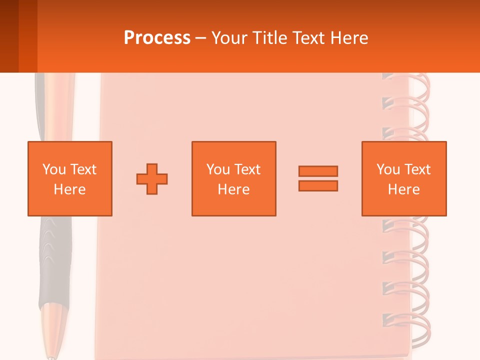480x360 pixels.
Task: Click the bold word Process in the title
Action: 157,38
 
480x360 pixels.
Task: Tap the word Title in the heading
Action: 269,38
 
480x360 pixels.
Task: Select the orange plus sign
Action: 152,178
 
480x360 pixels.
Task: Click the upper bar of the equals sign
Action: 318,171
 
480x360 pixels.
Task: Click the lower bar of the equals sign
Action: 318,185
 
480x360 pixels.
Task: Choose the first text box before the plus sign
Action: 69,178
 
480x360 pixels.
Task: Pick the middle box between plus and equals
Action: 233,178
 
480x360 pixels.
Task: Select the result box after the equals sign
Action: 403,178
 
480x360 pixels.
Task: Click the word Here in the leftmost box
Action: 69,189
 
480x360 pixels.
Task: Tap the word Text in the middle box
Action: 247,169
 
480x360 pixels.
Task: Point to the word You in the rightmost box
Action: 388,169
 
